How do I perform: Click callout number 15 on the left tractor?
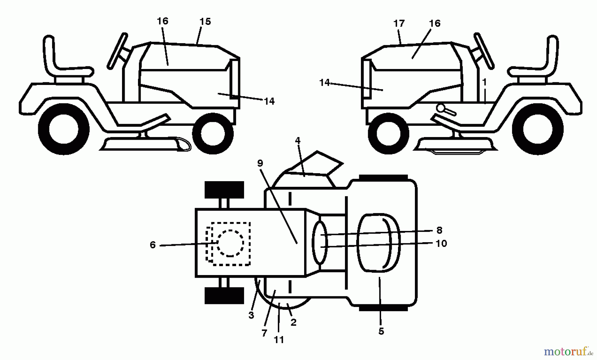[205, 22]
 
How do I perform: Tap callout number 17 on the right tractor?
[399, 24]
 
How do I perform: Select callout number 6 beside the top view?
[153, 245]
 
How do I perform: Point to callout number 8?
[439, 230]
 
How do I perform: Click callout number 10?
[441, 244]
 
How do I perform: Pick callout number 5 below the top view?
[381, 331]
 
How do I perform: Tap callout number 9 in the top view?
[260, 163]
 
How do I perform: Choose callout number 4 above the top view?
[298, 141]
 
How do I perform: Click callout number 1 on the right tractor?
[485, 82]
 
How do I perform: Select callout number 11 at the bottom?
[279, 340]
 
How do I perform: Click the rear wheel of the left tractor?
[64, 129]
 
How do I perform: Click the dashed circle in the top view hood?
[230, 243]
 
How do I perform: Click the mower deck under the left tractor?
[146, 144]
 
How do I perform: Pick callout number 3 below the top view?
[251, 315]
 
